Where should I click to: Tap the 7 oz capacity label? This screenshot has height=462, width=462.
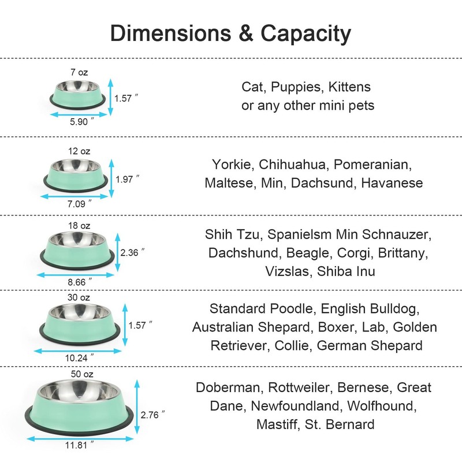point(79,73)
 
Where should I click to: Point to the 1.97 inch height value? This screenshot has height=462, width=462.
point(126,179)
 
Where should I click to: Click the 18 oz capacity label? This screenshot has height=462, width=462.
point(79,225)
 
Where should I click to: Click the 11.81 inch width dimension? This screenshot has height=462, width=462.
point(79,445)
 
